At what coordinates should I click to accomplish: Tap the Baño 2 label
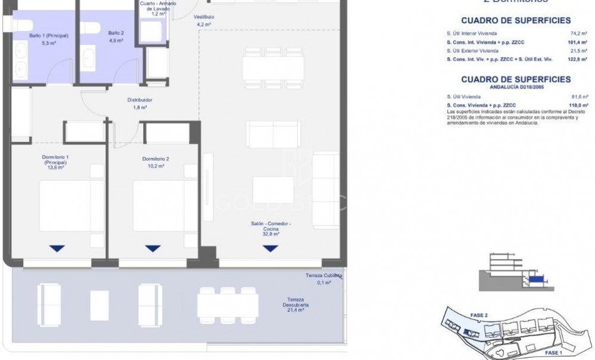[115, 33]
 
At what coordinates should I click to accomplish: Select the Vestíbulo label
[204, 17]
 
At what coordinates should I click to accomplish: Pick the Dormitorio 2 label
[156, 159]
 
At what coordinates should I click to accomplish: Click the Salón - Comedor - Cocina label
[270, 226]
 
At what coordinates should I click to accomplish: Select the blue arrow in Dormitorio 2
[153, 248]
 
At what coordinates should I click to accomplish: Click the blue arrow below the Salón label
[270, 248]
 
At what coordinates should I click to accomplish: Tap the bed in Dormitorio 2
[156, 205]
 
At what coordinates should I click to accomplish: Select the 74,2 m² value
[579, 34]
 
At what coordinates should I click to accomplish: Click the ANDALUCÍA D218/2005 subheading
[516, 87]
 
